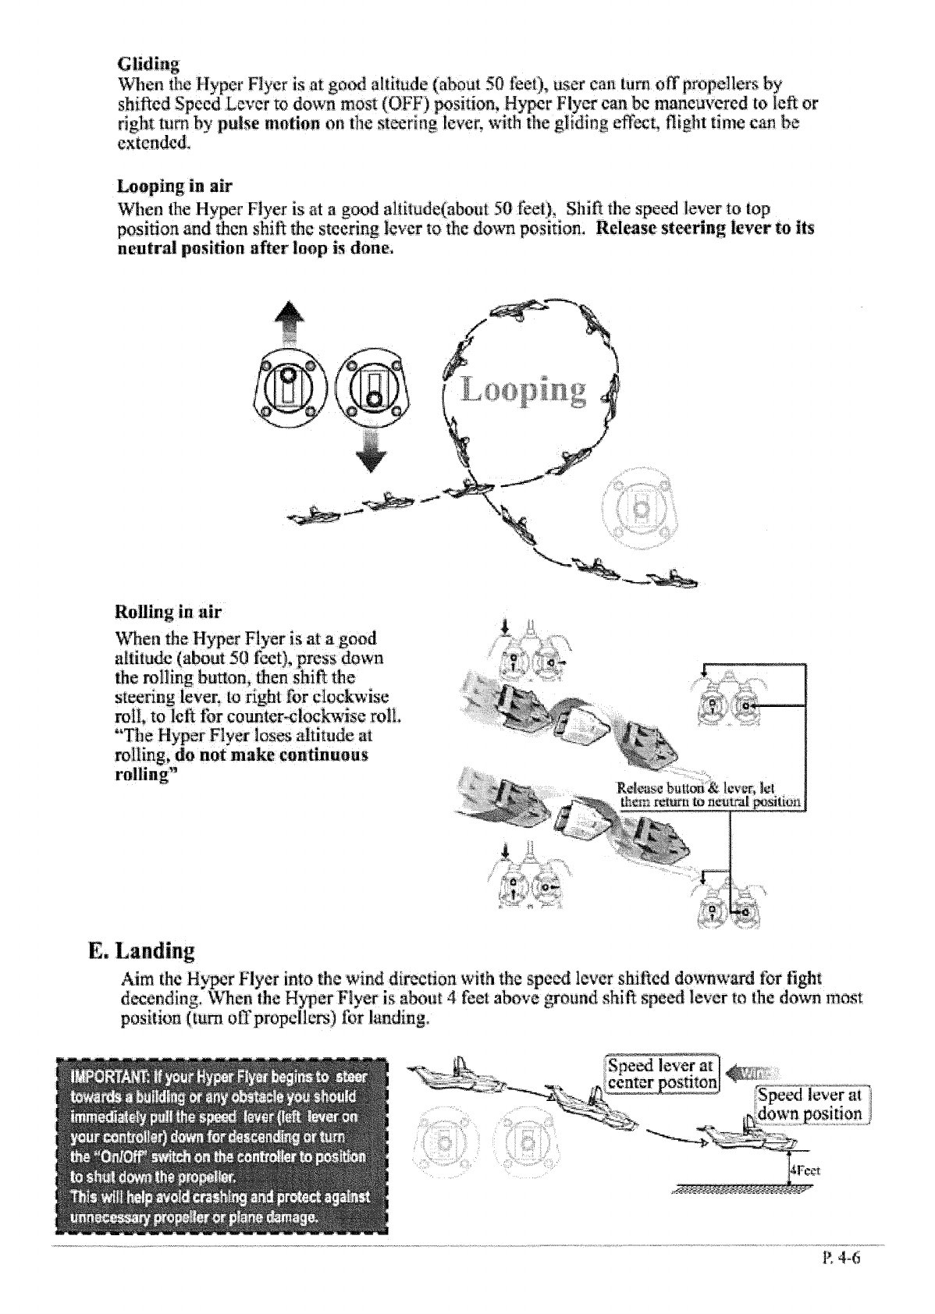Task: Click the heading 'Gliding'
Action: (148, 63)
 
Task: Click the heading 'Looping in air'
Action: (175, 186)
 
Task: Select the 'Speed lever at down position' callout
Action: (811, 1104)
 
